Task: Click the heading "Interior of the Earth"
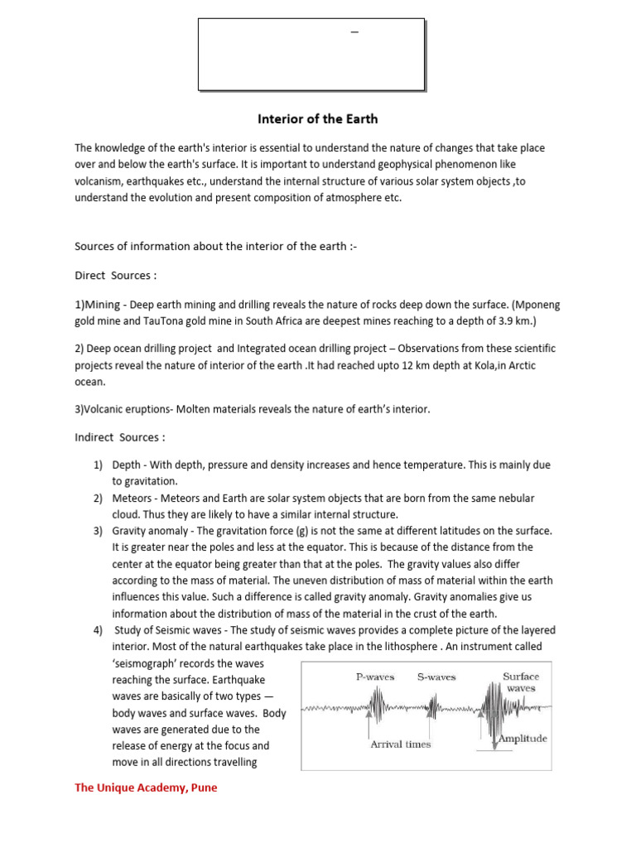pyautogui.click(x=318, y=119)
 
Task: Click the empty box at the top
pyautogui.click(x=311, y=55)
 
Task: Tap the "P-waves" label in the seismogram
pyautogui.click(x=375, y=677)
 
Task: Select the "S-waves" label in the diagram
pyautogui.click(x=436, y=677)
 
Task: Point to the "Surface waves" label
pyautogui.click(x=521, y=682)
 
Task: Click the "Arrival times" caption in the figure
pyautogui.click(x=401, y=744)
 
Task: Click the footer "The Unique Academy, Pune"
pyautogui.click(x=146, y=788)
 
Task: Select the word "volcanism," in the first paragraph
pyautogui.click(x=102, y=181)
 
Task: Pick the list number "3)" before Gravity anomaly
pyautogui.click(x=98, y=530)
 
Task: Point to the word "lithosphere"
pyautogui.click(x=410, y=647)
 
